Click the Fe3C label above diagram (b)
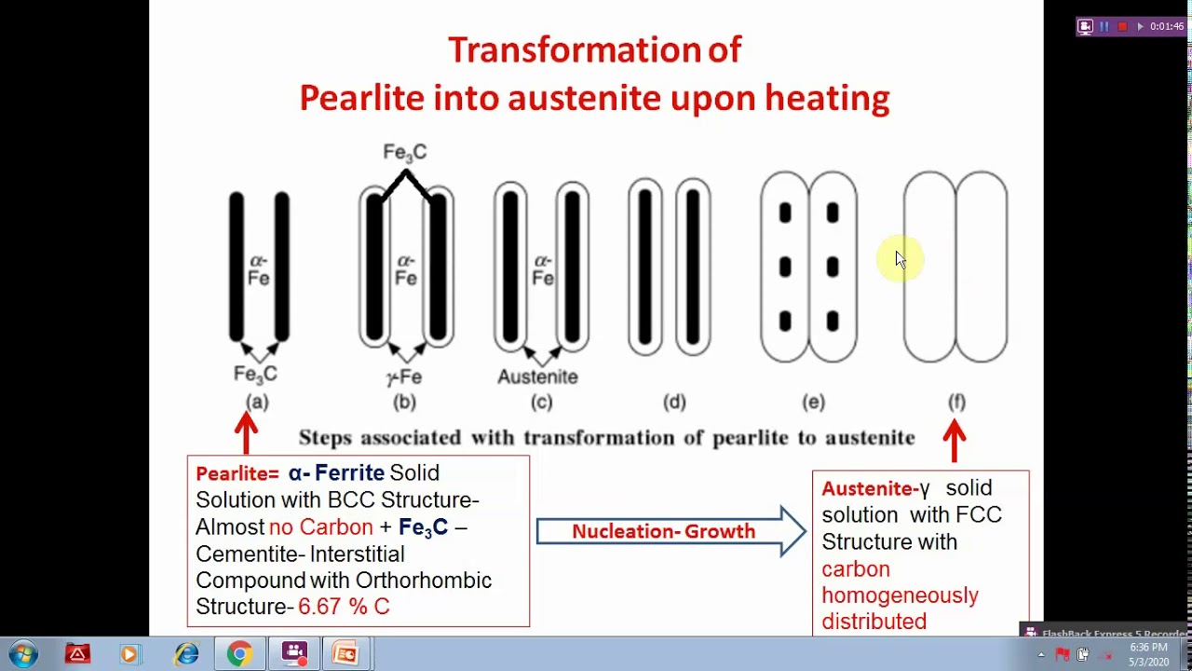(x=404, y=152)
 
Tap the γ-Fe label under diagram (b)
(x=404, y=377)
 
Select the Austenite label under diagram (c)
(x=537, y=377)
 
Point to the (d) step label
(x=674, y=402)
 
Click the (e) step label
(x=813, y=402)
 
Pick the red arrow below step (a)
(x=246, y=433)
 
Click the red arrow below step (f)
(x=955, y=440)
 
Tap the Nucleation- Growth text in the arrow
(x=663, y=531)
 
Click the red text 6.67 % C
(x=344, y=607)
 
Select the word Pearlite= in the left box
(x=237, y=473)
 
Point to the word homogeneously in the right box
(x=900, y=596)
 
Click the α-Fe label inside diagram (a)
(x=259, y=268)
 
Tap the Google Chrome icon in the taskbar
(x=239, y=654)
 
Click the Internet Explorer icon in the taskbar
(x=186, y=654)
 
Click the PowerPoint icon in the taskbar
(x=345, y=654)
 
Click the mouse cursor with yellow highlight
(x=900, y=259)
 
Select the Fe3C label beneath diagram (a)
(x=255, y=375)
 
